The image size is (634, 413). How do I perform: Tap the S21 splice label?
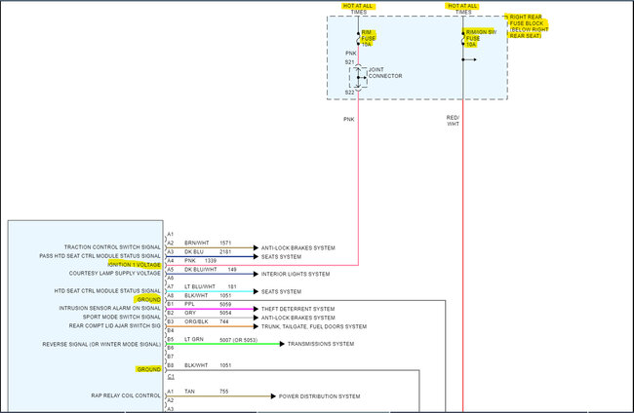[x=349, y=61]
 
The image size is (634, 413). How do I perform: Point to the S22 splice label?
[x=349, y=93]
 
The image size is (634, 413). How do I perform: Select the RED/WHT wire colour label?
[x=453, y=121]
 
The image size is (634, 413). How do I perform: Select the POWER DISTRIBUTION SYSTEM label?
[x=320, y=396]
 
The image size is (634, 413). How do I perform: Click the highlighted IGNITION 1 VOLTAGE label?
[x=135, y=265]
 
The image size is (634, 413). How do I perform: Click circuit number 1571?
[x=225, y=243]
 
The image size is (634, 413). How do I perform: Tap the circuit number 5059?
[x=225, y=304]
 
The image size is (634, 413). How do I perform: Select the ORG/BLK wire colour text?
[x=195, y=321]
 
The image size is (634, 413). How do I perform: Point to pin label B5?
[x=170, y=339]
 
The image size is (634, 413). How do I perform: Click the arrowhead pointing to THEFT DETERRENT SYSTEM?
[x=256, y=310]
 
